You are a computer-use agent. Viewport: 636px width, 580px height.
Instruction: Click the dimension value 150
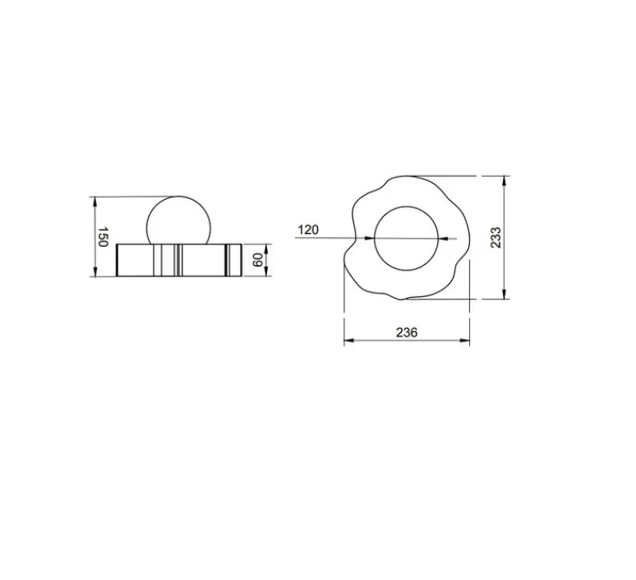click(103, 237)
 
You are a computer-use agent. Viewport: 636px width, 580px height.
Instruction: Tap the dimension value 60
click(258, 260)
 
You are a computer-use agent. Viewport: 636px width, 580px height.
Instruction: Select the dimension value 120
click(308, 230)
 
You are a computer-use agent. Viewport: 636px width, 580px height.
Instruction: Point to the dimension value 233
click(495, 238)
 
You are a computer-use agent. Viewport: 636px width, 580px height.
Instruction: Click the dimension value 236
click(407, 332)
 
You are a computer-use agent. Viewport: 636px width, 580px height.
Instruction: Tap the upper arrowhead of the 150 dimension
click(95, 202)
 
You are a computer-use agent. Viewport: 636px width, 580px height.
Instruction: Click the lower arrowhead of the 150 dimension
click(95, 271)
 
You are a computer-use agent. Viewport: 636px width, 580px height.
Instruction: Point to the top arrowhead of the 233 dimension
click(505, 181)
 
